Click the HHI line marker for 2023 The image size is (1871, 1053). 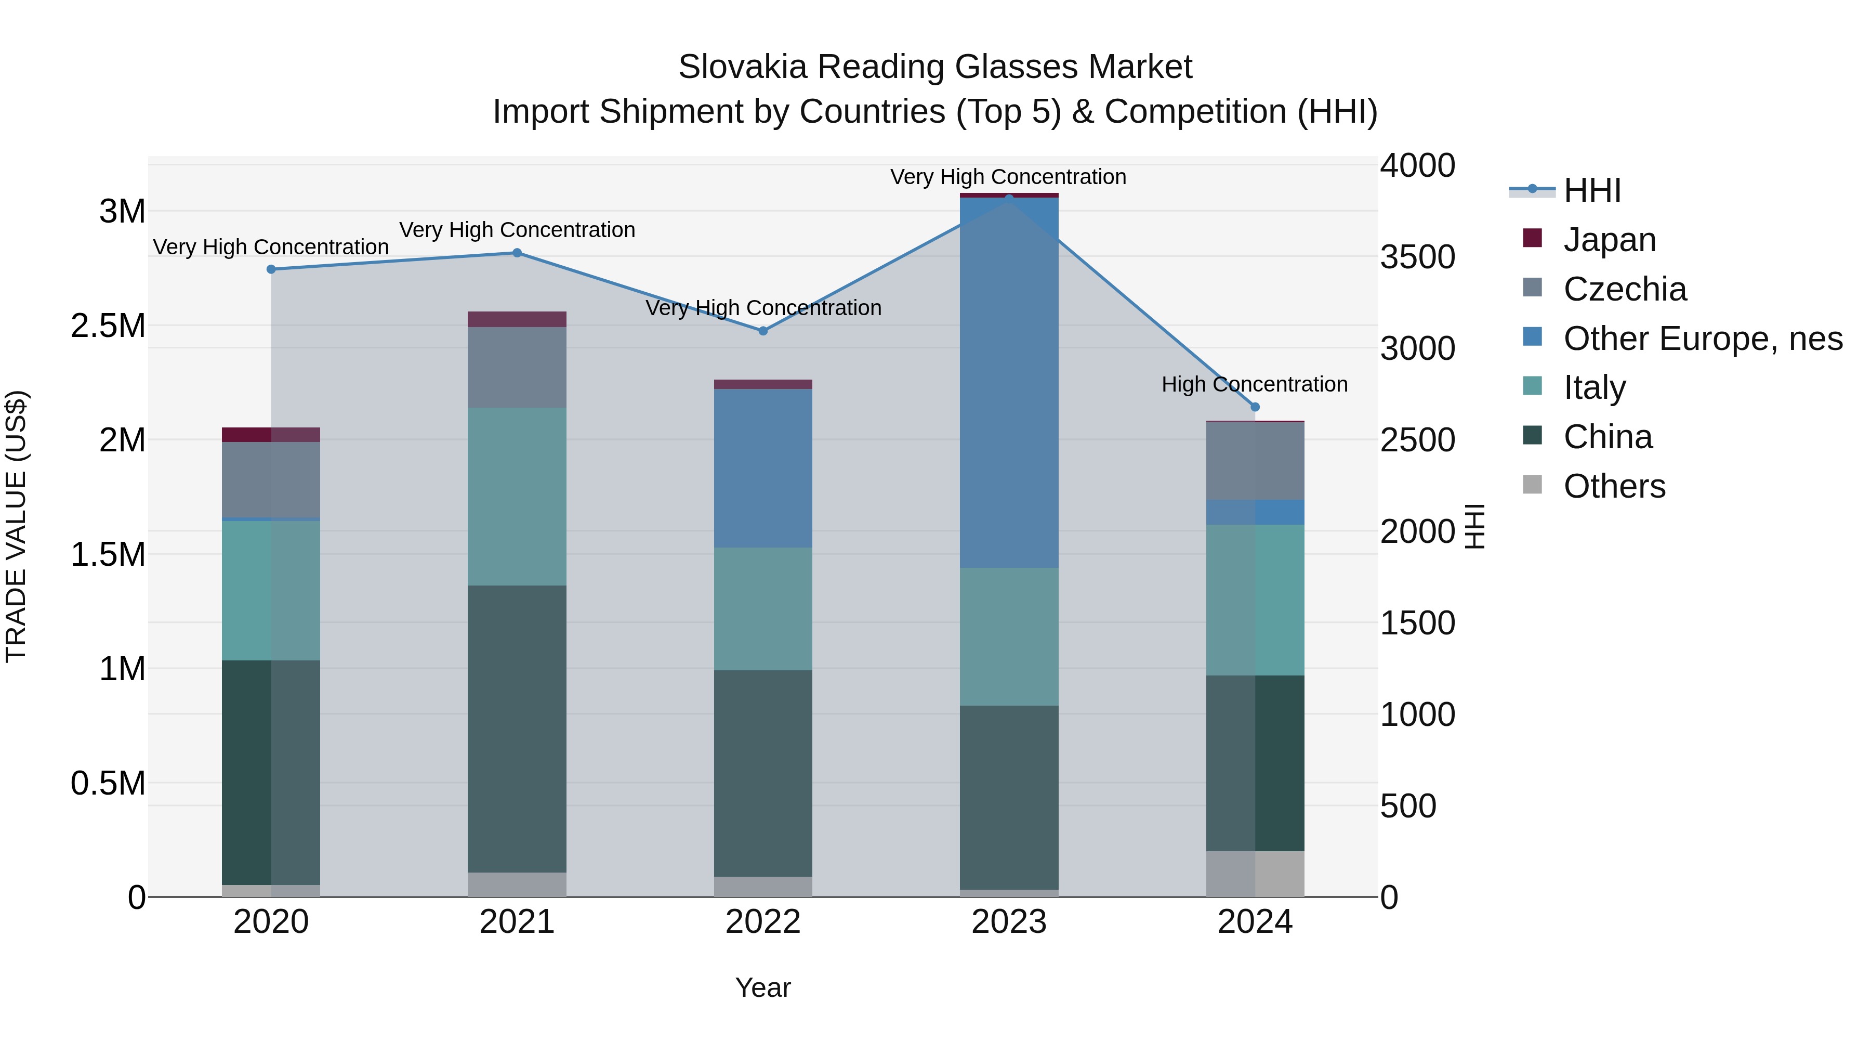click(1009, 198)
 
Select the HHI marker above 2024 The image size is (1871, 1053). click(1255, 407)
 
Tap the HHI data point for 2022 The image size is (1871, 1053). click(762, 331)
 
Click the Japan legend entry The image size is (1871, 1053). click(1609, 240)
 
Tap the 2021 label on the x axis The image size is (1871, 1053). click(517, 922)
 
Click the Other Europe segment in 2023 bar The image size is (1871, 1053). click(1009, 382)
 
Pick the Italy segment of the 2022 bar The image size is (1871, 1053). click(762, 608)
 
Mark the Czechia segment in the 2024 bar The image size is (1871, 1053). click(1255, 461)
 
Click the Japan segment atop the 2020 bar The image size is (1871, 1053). click(271, 435)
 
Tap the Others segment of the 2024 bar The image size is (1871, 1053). click(1255, 874)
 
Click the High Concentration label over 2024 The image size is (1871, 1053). click(1255, 384)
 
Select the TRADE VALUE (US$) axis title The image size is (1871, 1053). click(16, 526)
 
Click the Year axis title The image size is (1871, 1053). click(762, 987)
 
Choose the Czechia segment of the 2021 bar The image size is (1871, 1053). click(517, 367)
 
